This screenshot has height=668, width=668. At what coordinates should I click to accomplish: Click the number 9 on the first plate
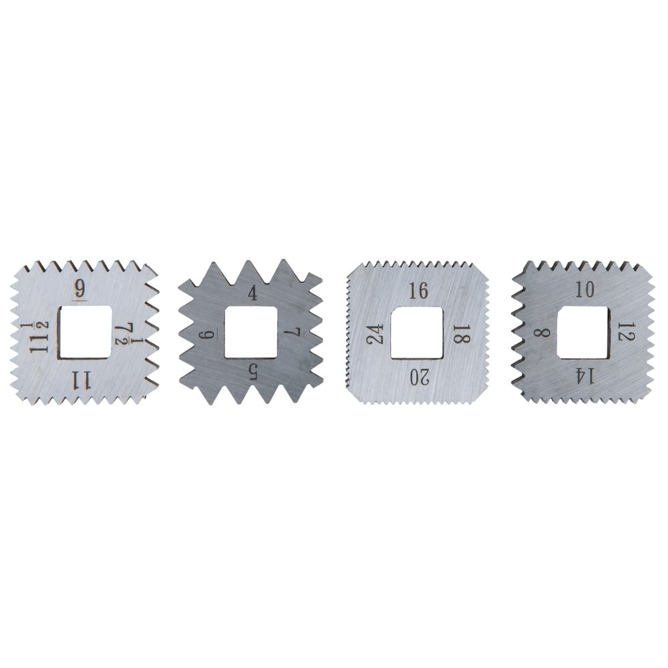tap(79, 290)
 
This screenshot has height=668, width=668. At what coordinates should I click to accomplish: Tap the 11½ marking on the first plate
tap(39, 337)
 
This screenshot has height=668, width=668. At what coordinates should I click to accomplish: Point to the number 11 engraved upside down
tap(81, 379)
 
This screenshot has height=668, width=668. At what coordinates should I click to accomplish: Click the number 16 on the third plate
tap(418, 291)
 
